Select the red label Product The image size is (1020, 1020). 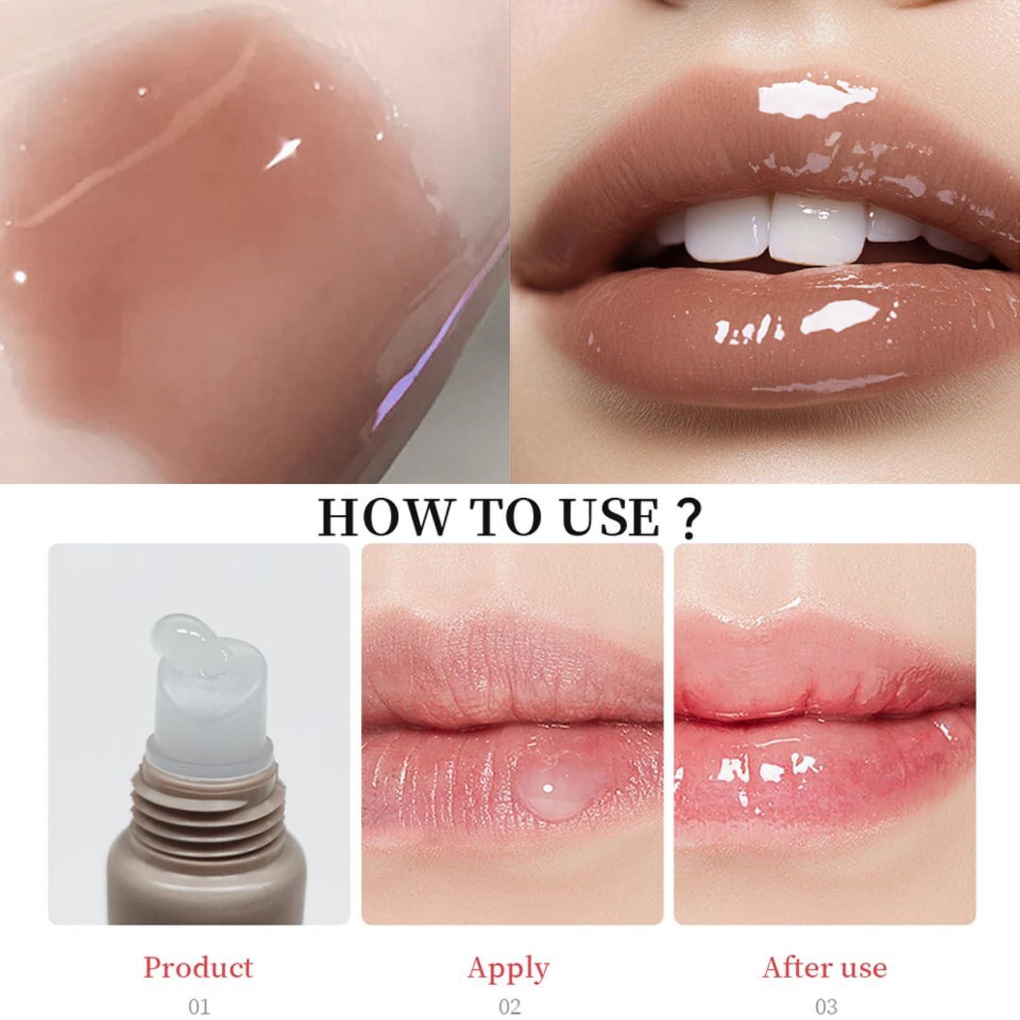pos(198,967)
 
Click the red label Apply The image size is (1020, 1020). pos(508,969)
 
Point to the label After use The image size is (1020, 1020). pos(824,967)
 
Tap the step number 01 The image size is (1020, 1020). pos(199,1007)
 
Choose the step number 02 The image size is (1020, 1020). pos(510,1007)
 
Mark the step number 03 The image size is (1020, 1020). pos(826,1007)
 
